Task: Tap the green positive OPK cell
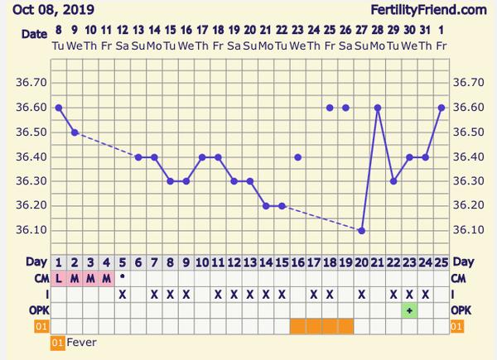(409, 310)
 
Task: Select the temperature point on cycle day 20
(361, 230)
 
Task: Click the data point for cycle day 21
(378, 108)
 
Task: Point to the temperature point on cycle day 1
(58, 108)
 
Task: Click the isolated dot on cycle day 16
(298, 156)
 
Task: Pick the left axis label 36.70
(32, 84)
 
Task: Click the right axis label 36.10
(466, 230)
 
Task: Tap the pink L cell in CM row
(59, 278)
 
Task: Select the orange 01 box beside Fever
(58, 341)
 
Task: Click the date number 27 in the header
(361, 31)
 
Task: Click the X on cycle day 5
(123, 294)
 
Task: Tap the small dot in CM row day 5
(123, 276)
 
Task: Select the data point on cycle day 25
(442, 108)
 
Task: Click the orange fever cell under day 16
(298, 326)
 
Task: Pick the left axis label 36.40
(32, 156)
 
